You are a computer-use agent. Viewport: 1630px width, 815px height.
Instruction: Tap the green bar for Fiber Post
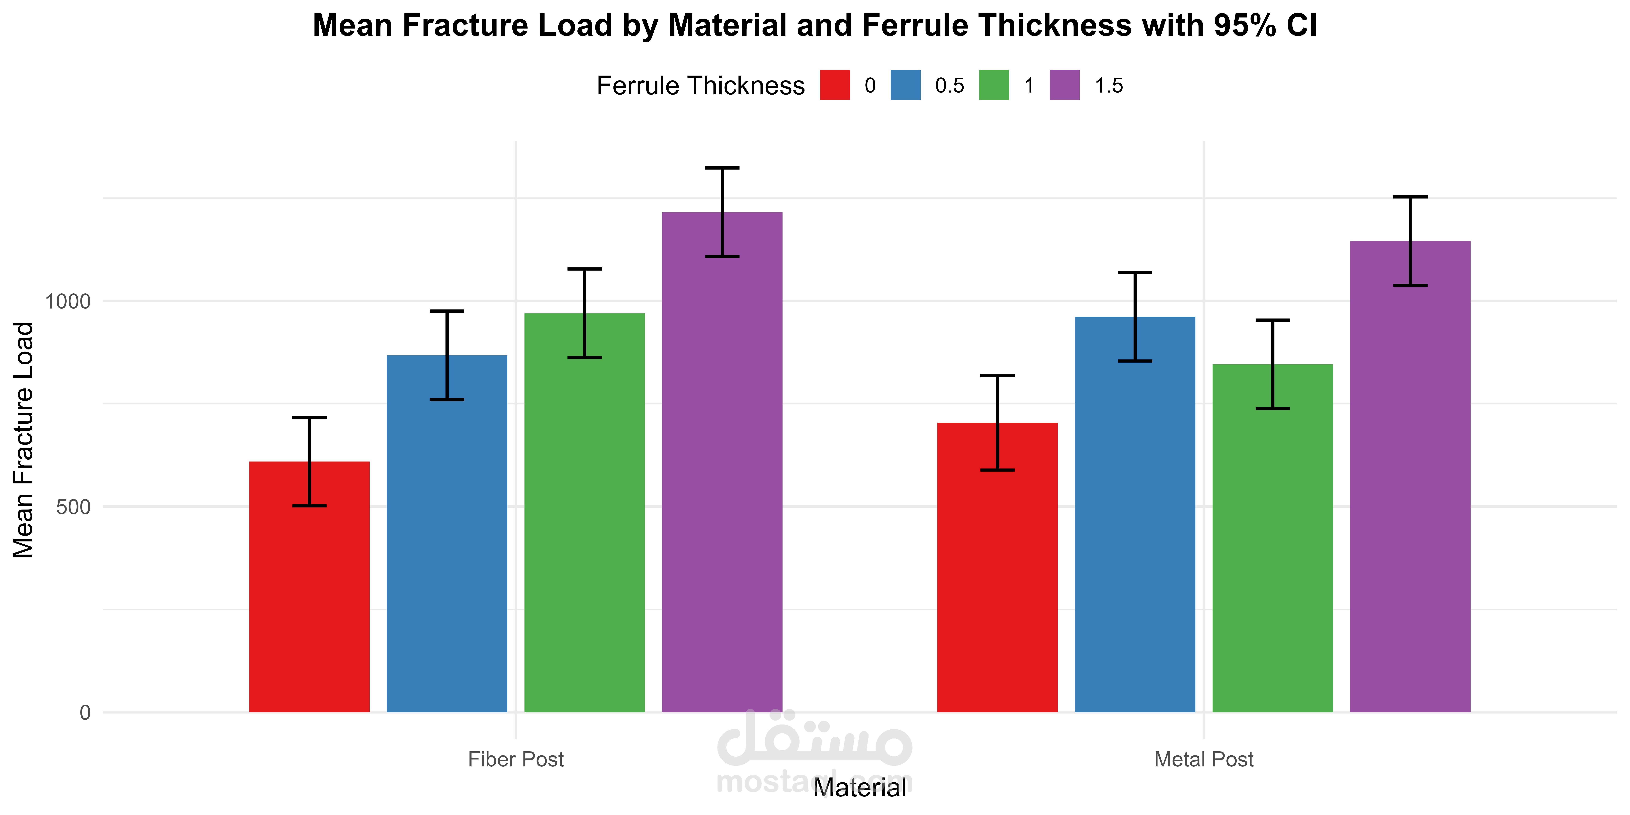[x=585, y=513]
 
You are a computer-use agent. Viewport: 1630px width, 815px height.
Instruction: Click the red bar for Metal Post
[x=997, y=568]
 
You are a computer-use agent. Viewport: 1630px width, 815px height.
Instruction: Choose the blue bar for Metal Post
[x=1135, y=514]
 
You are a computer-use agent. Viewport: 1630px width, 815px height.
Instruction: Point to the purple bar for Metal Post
[x=1410, y=476]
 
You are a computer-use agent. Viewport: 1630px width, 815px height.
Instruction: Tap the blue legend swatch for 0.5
[x=905, y=85]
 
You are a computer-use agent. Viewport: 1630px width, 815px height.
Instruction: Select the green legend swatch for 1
[x=994, y=85]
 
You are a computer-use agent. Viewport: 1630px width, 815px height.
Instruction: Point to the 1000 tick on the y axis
[x=68, y=301]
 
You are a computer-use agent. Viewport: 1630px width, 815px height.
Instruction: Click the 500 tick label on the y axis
[x=73, y=507]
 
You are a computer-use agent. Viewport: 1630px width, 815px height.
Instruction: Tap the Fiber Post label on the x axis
[x=516, y=759]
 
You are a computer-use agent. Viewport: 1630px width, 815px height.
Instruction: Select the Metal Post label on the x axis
[x=1203, y=759]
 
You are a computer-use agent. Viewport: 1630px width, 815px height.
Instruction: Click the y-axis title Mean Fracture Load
[x=23, y=440]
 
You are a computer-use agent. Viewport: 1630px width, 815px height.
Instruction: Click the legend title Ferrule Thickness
[x=700, y=85]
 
